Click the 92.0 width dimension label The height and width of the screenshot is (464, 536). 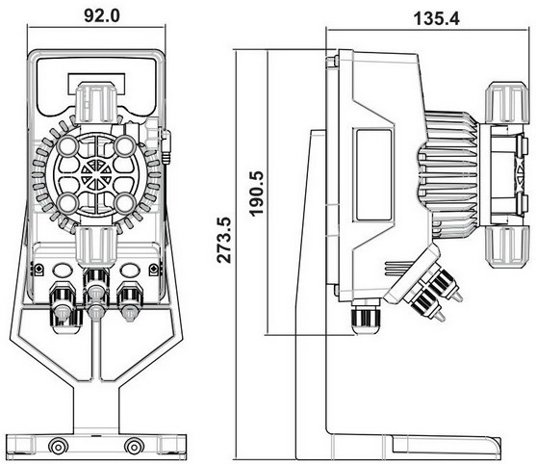coord(102,15)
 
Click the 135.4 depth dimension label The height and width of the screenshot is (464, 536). coord(437,18)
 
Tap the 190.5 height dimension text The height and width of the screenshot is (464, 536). coord(256,193)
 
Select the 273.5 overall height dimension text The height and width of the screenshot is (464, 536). coord(224,240)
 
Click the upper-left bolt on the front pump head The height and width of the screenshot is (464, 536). coord(67,146)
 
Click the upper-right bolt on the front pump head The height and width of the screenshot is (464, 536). coord(125,146)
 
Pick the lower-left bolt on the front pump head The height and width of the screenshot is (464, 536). coord(67,203)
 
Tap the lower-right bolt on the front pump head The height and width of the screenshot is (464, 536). coord(125,203)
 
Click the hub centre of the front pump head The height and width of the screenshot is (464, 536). coord(96,175)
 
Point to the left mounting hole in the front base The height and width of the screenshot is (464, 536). coord(58,447)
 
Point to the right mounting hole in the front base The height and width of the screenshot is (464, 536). coord(134,447)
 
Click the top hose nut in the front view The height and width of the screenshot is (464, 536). coord(96,102)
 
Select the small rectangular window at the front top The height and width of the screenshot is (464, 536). coord(96,85)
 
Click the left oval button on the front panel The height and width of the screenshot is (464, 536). coord(63,271)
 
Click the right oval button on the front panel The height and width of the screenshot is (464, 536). coord(130,271)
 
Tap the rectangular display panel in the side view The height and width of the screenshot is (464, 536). coord(373,175)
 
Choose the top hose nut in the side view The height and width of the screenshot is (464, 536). coord(505,102)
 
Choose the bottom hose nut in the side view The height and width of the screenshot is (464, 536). coord(505,247)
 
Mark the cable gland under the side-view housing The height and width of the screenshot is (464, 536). coord(366,318)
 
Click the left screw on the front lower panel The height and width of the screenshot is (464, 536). coord(38,270)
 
